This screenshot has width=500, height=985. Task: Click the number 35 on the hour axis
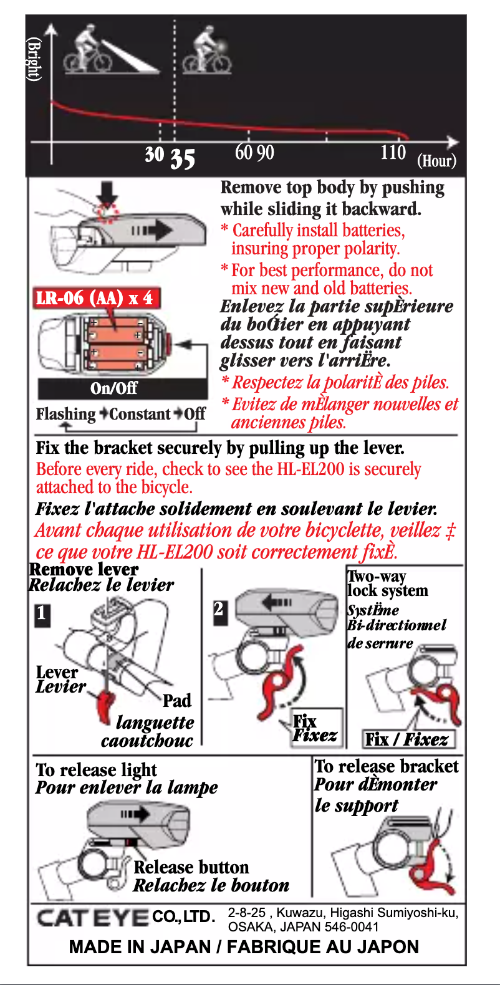click(182, 159)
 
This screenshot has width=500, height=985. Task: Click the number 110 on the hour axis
click(393, 152)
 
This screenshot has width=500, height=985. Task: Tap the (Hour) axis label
click(436, 161)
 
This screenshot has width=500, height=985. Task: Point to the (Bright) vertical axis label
click(34, 59)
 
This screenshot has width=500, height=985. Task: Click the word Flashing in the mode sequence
click(65, 414)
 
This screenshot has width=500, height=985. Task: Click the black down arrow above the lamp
click(108, 192)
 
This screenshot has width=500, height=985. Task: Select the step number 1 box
click(41, 613)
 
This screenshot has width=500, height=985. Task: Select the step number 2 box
click(219, 608)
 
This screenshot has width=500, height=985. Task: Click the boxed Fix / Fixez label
click(409, 739)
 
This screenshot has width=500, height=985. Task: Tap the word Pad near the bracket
click(176, 701)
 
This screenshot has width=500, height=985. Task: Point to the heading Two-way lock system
click(387, 584)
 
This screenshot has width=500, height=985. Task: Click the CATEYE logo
click(92, 917)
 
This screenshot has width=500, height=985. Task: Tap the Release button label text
click(191, 867)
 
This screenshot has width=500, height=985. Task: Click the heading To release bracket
click(387, 766)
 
